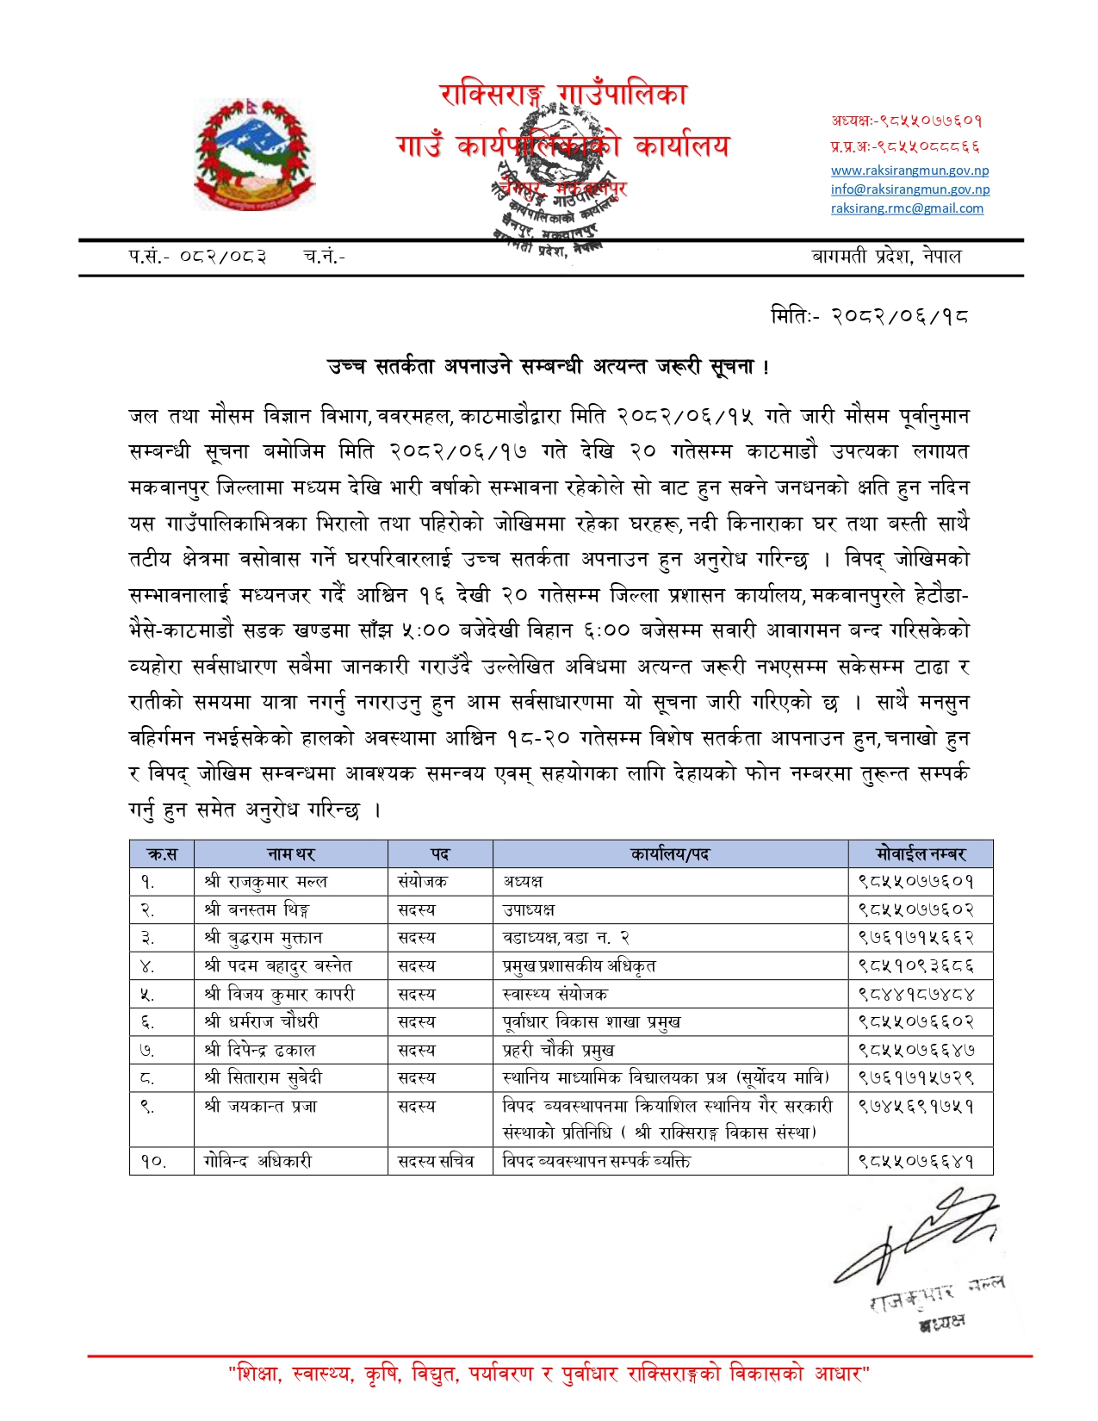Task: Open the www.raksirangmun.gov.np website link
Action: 909,171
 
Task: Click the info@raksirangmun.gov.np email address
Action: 909,189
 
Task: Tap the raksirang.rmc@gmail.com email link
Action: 907,208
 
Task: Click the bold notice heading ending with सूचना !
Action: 549,367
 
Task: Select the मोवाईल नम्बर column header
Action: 920,854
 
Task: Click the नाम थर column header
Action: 291,854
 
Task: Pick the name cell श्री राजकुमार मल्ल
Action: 266,882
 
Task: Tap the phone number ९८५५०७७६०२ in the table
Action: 915,909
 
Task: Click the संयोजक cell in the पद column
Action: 422,882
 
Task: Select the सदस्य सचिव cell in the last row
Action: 436,1161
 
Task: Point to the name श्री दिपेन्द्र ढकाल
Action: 260,1050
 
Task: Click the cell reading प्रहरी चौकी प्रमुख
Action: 558,1050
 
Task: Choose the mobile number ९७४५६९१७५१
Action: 915,1106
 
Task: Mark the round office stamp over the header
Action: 556,181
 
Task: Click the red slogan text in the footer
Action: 549,1373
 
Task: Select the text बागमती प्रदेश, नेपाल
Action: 886,256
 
